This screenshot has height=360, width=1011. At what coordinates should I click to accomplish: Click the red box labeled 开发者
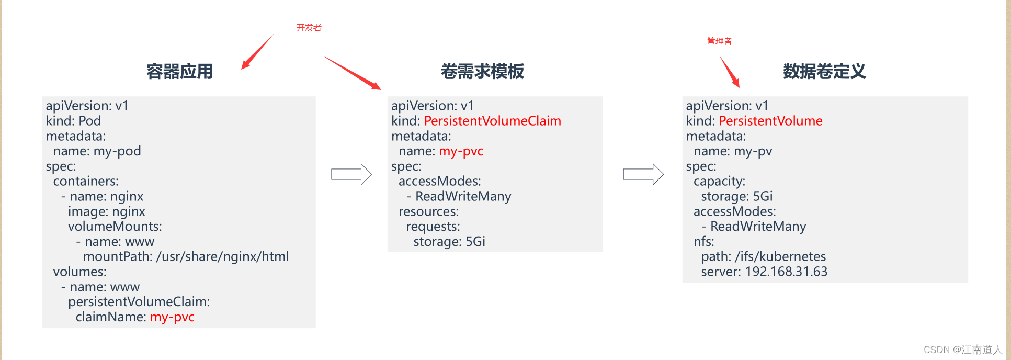[x=309, y=30]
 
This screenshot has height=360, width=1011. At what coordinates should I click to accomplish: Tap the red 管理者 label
[x=719, y=41]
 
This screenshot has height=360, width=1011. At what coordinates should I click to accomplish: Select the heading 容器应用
[x=179, y=71]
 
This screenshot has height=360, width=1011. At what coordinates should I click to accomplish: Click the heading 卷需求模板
[x=482, y=71]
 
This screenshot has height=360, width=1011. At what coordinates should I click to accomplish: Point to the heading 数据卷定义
[x=824, y=71]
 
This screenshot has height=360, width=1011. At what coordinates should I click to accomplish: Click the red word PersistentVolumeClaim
[x=492, y=121]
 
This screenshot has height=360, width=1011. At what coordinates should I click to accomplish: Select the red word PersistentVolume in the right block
[x=770, y=121]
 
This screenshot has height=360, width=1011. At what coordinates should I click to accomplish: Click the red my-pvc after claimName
[x=172, y=317]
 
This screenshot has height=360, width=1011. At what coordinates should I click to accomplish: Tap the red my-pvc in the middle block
[x=461, y=151]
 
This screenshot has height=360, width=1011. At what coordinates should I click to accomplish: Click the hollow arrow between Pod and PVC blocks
[x=351, y=174]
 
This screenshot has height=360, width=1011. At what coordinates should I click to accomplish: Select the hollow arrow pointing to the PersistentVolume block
[x=643, y=174]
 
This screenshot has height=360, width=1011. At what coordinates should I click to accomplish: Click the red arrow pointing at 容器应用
[x=256, y=53]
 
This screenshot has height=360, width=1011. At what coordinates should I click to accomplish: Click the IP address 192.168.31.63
[x=786, y=272]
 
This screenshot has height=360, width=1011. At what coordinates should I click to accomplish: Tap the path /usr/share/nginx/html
[x=222, y=256]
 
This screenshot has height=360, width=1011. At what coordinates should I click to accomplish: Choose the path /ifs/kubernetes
[x=780, y=256]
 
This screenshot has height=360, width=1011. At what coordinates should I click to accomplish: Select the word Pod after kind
[x=89, y=121]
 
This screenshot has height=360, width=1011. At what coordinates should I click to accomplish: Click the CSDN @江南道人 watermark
[x=962, y=350]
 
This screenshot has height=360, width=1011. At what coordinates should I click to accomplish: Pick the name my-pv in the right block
[x=753, y=151]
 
